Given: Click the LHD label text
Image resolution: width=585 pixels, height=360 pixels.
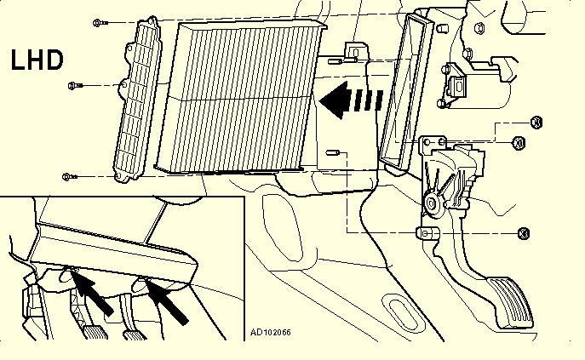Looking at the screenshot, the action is [x=37, y=60].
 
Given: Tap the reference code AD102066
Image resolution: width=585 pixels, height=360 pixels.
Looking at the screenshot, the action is [x=271, y=333].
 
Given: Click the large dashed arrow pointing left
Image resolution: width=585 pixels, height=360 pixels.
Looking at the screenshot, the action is [x=351, y=100].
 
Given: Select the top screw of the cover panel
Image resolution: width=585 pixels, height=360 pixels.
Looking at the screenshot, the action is [x=100, y=23].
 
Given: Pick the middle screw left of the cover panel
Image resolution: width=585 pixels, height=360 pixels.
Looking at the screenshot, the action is [x=76, y=86].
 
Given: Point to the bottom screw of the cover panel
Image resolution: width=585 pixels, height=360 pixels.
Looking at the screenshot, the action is [x=70, y=176].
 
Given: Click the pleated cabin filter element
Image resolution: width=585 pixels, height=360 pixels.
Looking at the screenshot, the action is [x=241, y=97].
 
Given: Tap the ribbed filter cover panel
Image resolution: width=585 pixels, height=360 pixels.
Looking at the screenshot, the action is [x=138, y=100].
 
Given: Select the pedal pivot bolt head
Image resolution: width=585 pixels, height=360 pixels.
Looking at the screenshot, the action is [x=432, y=203].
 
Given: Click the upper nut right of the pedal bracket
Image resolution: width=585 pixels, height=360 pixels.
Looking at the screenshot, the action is [x=536, y=123].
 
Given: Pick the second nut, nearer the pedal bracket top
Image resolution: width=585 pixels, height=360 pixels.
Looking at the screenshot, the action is [x=519, y=142].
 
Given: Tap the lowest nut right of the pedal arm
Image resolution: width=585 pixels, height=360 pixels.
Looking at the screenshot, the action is [x=524, y=233].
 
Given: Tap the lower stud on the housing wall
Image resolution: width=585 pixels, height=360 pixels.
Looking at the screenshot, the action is [x=332, y=152].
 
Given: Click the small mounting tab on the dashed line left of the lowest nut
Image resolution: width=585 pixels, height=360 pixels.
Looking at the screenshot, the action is [x=427, y=233].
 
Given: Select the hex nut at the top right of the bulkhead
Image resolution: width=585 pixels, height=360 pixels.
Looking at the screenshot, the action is [x=479, y=28].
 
